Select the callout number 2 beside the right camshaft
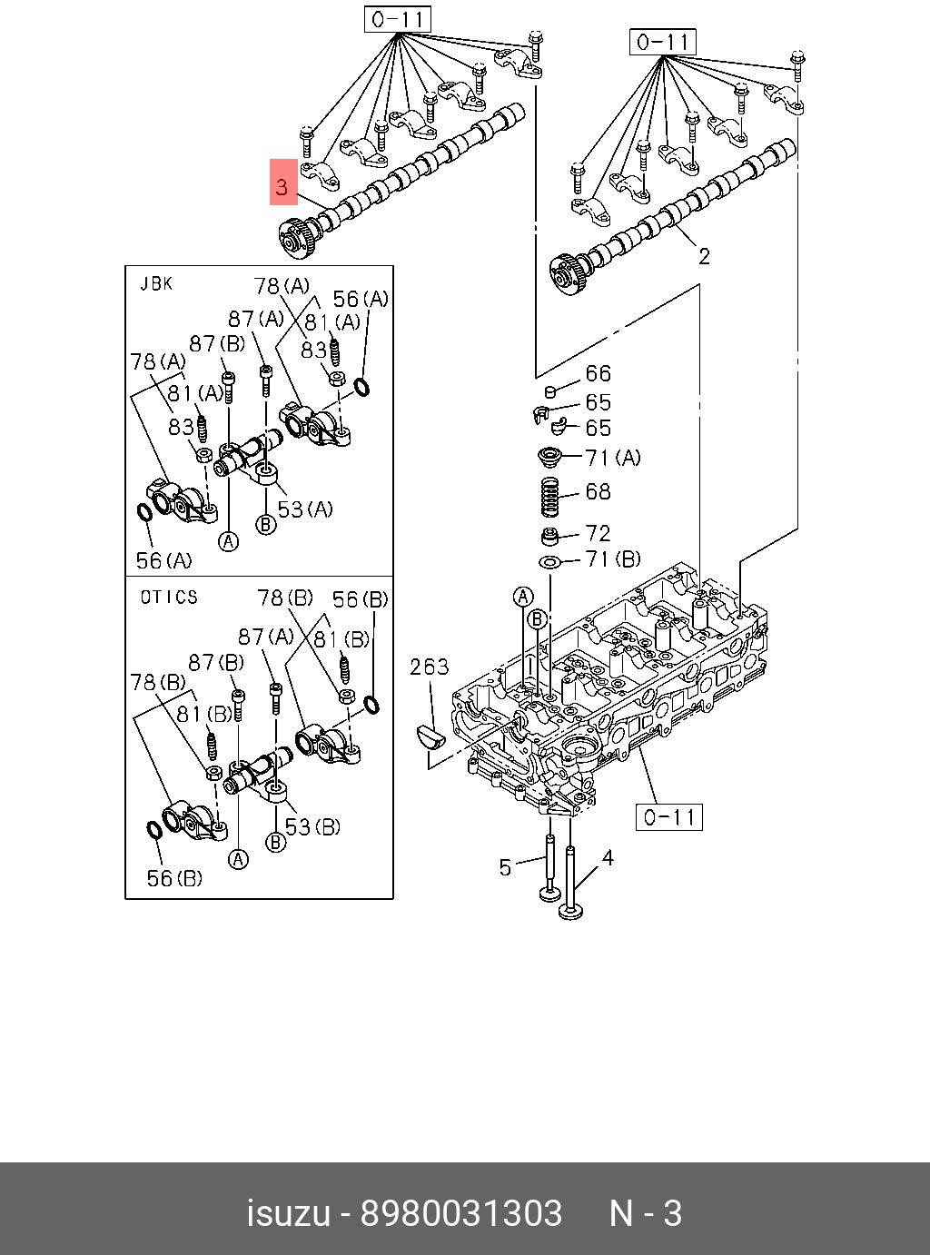tap(704, 257)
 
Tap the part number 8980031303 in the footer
tap(461, 1213)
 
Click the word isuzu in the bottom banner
tap(288, 1213)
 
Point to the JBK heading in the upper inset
tap(156, 284)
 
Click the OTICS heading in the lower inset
tap(169, 597)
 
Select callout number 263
tap(429, 667)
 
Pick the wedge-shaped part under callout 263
tap(430, 735)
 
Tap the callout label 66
tap(598, 373)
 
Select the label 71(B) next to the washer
tap(613, 559)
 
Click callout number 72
tap(598, 533)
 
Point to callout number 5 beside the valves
tap(506, 867)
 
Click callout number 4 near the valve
tap(607, 858)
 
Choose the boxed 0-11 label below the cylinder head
tap(668, 817)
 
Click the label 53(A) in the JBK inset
tap(305, 509)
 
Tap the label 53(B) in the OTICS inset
tap(312, 826)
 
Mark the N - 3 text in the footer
tap(645, 1213)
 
